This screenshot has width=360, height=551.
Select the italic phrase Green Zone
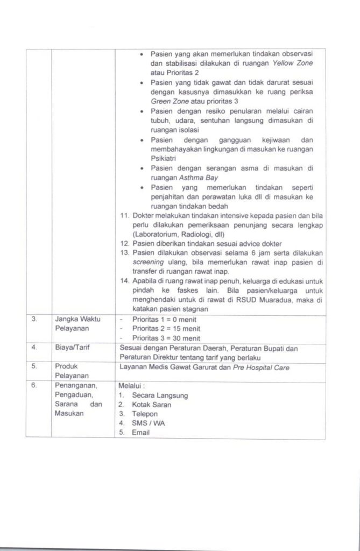(x=168, y=101)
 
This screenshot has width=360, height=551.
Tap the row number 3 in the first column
(x=34, y=319)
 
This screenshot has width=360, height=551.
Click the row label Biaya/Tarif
(x=70, y=348)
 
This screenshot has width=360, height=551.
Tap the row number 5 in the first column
(x=33, y=366)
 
